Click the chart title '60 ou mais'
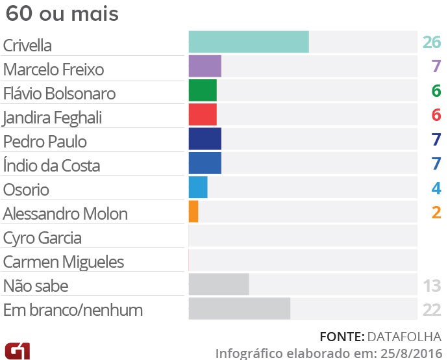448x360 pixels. coord(62,14)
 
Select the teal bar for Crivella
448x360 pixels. coord(249,42)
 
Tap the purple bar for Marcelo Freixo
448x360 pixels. coord(205,67)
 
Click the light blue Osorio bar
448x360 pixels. coord(198,187)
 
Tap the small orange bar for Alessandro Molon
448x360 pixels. coord(193,211)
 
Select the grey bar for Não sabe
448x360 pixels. coord(219,284)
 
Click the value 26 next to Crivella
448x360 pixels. coord(431,44)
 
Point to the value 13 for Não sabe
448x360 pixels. coord(431,285)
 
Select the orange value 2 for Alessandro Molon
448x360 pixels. coord(436,212)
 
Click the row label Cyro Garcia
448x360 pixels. coord(42,238)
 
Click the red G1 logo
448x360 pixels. coord(17,350)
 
